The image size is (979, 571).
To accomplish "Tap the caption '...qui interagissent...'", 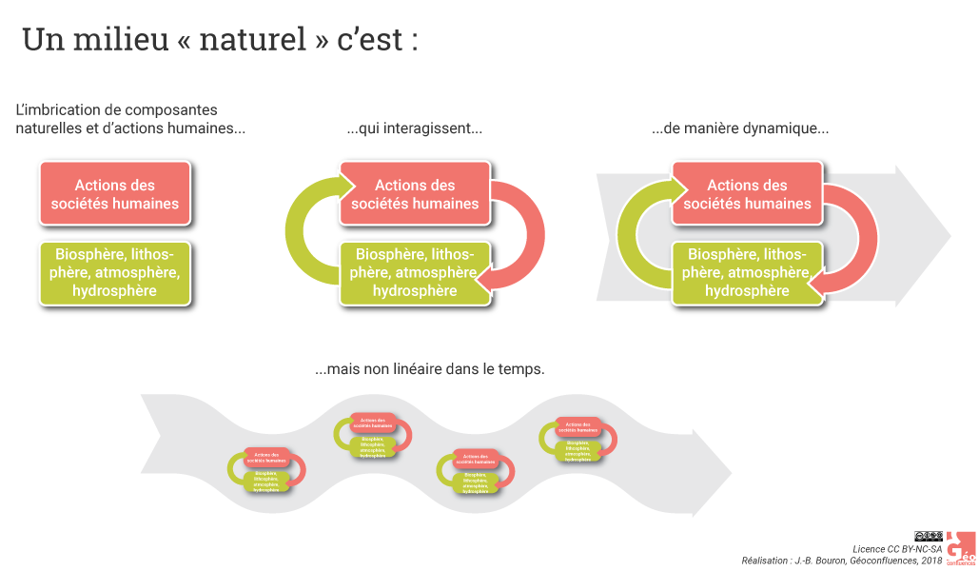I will [414, 129].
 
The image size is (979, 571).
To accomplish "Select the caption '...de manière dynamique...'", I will [740, 129].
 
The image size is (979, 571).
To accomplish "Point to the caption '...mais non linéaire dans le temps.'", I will [429, 369].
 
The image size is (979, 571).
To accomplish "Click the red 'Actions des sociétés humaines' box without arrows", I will [115, 194].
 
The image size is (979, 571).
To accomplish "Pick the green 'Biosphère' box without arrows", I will [115, 272].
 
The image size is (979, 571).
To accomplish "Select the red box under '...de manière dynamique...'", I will [747, 194].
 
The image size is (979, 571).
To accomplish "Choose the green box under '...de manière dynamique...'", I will [747, 272].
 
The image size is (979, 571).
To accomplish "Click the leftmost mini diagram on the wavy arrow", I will [266, 470].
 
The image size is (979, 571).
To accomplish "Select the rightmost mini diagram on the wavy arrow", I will [578, 440].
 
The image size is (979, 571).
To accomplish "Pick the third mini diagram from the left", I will [476, 471].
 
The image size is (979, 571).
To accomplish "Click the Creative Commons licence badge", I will [929, 537].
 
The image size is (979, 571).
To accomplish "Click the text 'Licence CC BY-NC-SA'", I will [897, 549].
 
